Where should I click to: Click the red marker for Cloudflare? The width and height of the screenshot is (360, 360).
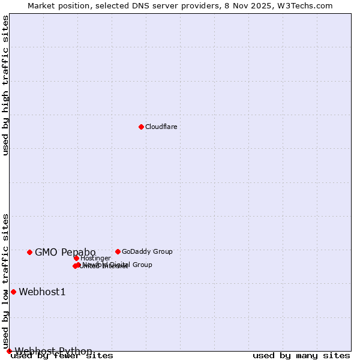coord(141,127)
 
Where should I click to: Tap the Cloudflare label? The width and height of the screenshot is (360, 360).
coord(161,127)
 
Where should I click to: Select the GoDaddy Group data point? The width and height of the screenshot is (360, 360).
coord(118,251)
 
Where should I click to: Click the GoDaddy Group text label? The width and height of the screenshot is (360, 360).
coord(147,251)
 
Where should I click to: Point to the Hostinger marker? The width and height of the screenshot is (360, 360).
coord(77,258)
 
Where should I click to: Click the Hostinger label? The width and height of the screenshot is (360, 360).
coord(95,258)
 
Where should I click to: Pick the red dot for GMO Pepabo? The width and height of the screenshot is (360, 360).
coord(29,252)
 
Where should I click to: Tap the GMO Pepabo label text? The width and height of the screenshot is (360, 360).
coord(65,252)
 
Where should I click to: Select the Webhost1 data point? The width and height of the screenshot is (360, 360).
coord(13,292)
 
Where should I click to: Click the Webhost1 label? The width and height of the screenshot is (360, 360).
coord(42,292)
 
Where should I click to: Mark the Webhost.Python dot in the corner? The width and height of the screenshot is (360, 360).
coord(9,351)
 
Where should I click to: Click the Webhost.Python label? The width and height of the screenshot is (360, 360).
coord(53,351)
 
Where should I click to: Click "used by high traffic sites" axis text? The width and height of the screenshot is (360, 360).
coord(6,85)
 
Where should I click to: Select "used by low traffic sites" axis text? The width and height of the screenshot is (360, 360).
coord(6,281)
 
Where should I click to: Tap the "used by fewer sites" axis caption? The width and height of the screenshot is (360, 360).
coord(62,355)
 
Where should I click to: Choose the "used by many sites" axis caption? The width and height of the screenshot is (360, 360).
coord(301,355)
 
